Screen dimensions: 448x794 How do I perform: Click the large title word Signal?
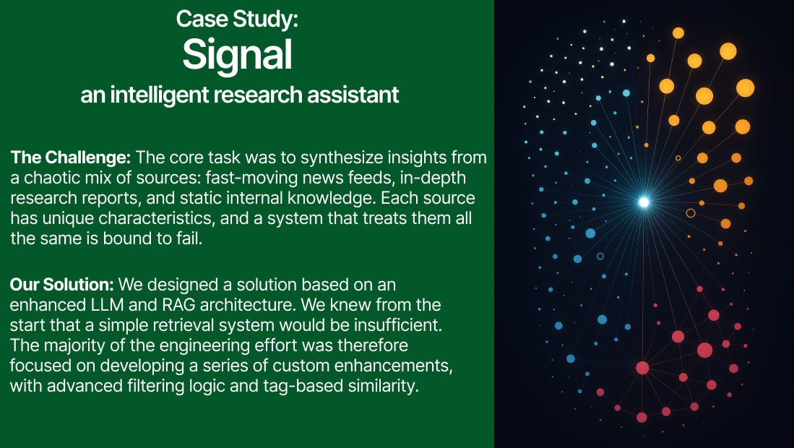click(x=237, y=54)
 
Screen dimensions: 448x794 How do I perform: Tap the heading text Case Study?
click(x=237, y=19)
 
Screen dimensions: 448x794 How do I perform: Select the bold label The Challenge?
click(x=70, y=158)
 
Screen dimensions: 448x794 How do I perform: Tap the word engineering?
click(x=202, y=345)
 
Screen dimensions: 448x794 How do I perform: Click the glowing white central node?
click(x=644, y=202)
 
